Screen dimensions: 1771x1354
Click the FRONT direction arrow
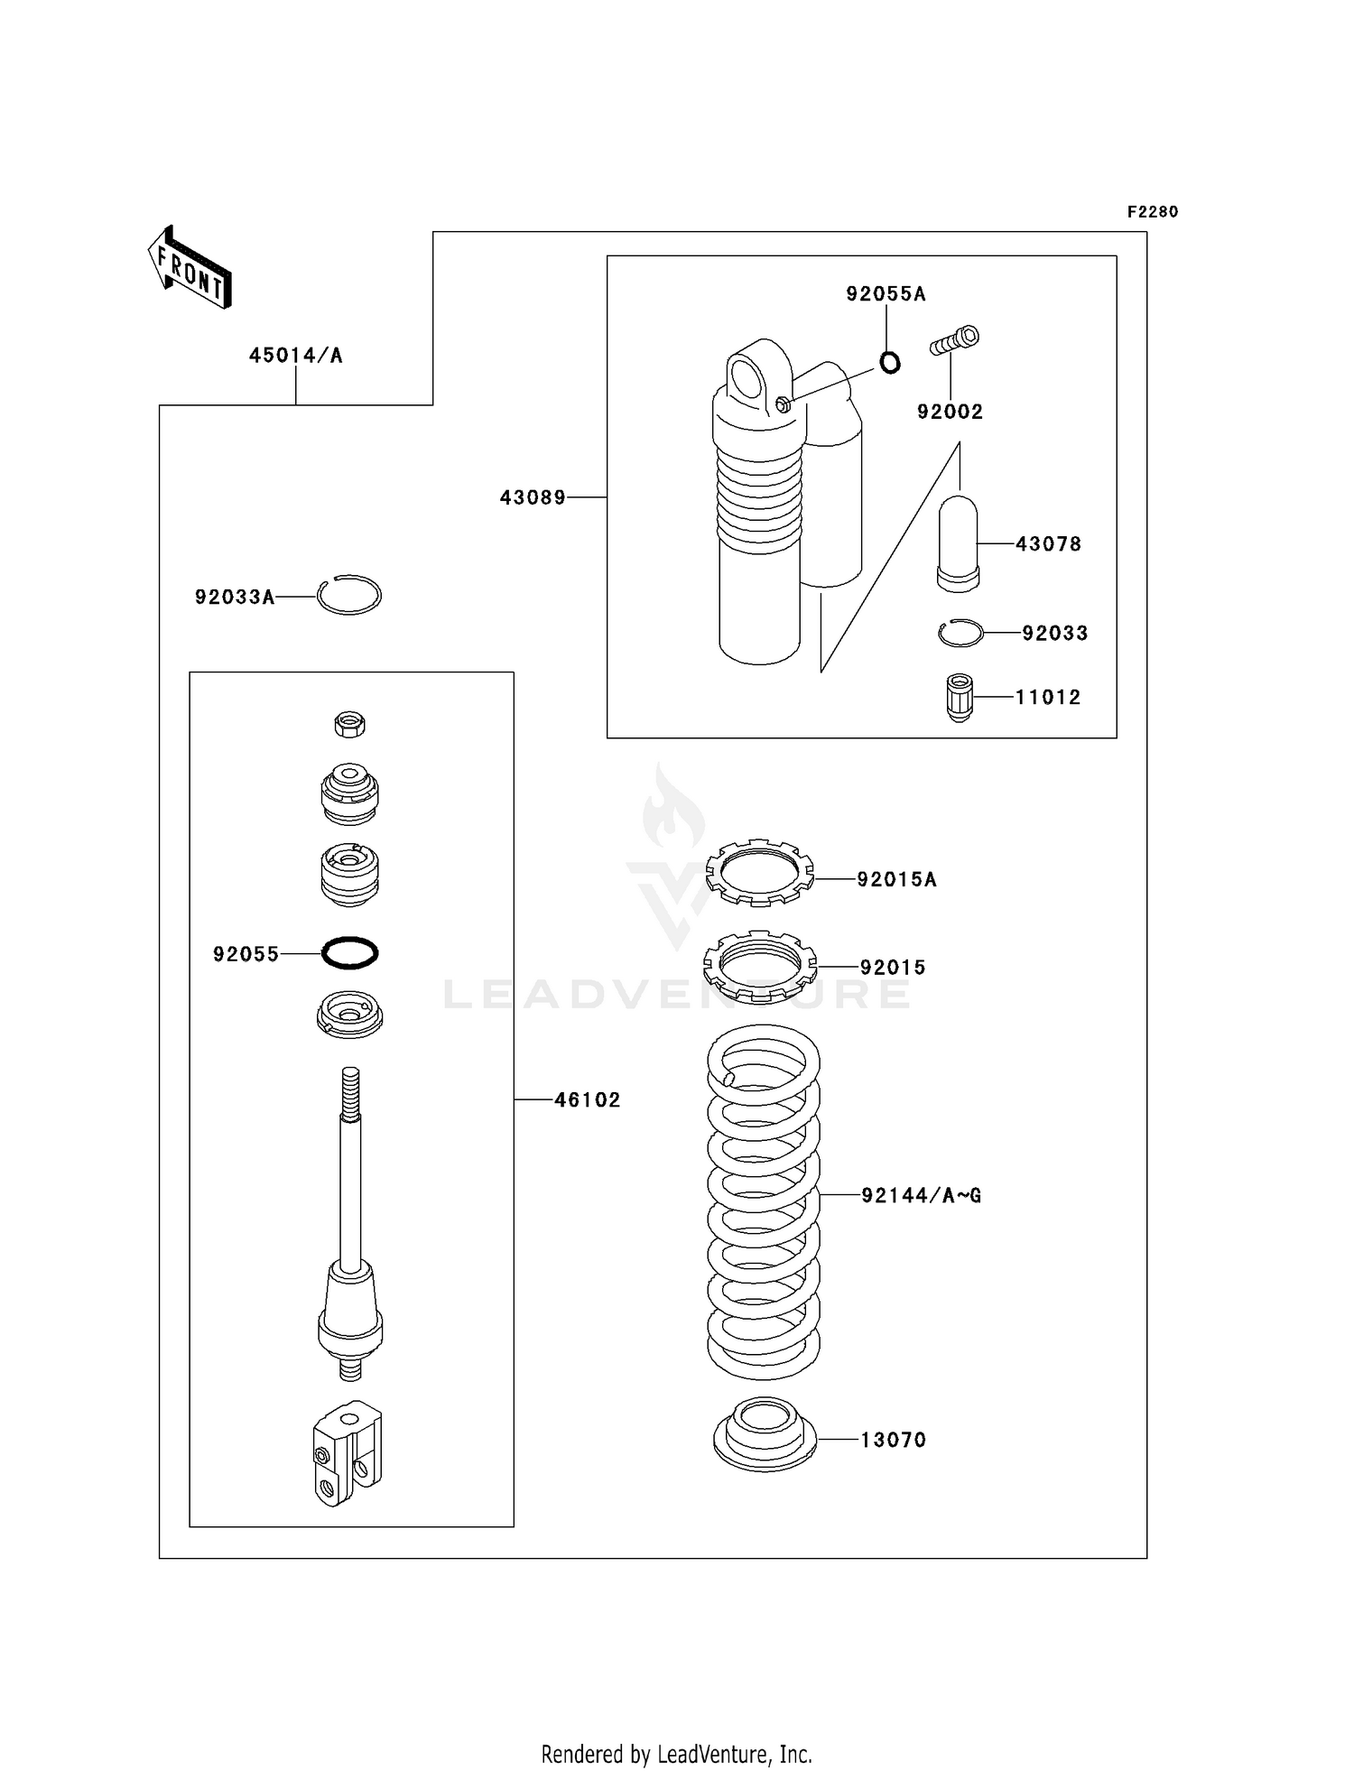(190, 268)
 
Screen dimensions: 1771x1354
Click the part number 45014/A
(296, 356)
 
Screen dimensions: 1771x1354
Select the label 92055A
(886, 294)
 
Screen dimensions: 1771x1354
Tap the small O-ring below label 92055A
(890, 363)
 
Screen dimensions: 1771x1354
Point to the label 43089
(533, 497)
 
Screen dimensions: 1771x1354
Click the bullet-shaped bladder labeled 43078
(958, 543)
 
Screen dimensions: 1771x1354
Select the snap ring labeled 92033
(960, 634)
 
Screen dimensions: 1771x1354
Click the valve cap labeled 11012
(960, 697)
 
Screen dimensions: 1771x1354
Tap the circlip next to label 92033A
(349, 596)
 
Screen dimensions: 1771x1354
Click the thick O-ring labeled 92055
(350, 953)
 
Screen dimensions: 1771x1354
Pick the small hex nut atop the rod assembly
(350, 724)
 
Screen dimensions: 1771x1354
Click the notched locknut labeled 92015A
(759, 872)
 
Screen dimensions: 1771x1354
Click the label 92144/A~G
(921, 1196)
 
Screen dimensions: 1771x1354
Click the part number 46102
(588, 1100)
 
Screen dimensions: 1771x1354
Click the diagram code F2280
(1153, 212)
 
